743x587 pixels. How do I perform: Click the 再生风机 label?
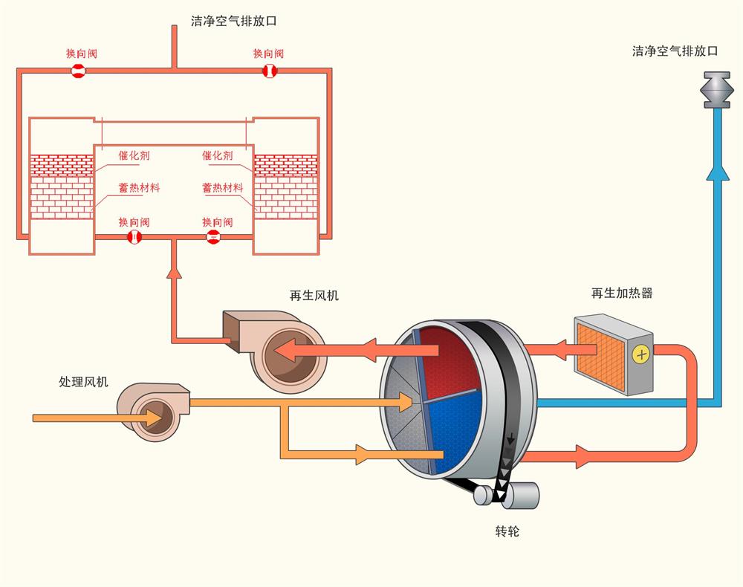[314, 296]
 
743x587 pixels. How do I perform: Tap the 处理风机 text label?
[83, 382]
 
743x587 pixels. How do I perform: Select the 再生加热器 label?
[622, 293]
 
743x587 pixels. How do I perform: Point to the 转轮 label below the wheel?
[507, 532]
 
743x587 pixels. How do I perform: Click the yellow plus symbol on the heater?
[641, 354]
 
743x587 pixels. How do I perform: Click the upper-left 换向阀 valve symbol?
[78, 71]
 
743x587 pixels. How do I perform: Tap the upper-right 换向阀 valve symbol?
[269, 71]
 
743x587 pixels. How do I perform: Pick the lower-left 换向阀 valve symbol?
[134, 237]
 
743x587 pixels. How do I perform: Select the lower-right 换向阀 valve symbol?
[212, 237]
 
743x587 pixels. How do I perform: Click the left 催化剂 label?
[134, 156]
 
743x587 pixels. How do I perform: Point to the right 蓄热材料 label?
[222, 188]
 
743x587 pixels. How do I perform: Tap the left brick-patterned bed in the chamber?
[62, 186]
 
